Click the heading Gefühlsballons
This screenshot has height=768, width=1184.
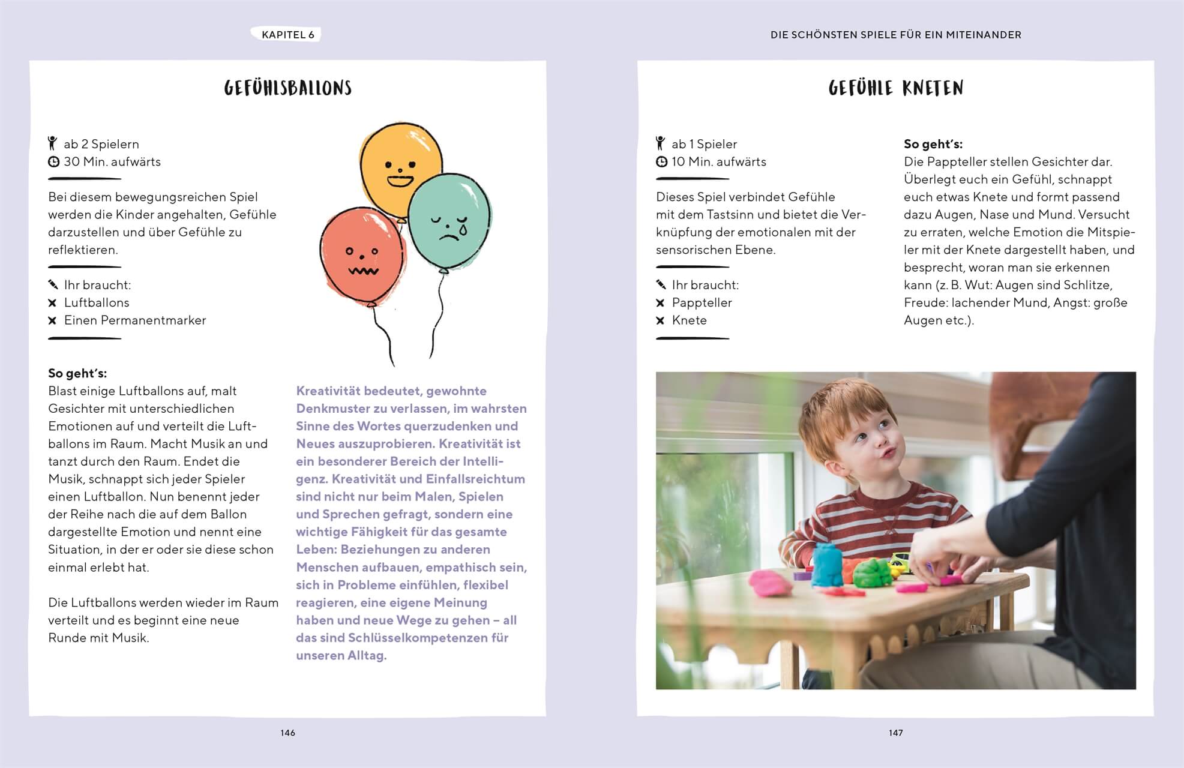click(x=287, y=88)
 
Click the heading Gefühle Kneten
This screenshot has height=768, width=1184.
click(x=895, y=88)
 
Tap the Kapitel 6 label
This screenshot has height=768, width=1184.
click(x=287, y=35)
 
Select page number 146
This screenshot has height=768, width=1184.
click(x=287, y=733)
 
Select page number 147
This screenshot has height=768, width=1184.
click(x=895, y=733)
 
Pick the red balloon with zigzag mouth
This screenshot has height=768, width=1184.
click(x=361, y=255)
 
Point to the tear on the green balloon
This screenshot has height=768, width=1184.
click(x=463, y=230)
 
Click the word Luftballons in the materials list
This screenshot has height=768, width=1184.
click(x=97, y=302)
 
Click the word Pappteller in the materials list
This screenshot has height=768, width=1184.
click(x=702, y=302)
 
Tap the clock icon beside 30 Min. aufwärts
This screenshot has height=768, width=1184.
click(x=53, y=161)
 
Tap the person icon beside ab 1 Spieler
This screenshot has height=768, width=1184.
click(x=661, y=143)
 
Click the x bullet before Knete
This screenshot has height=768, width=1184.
click(x=660, y=320)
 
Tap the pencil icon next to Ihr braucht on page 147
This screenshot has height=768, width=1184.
click(x=661, y=284)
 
